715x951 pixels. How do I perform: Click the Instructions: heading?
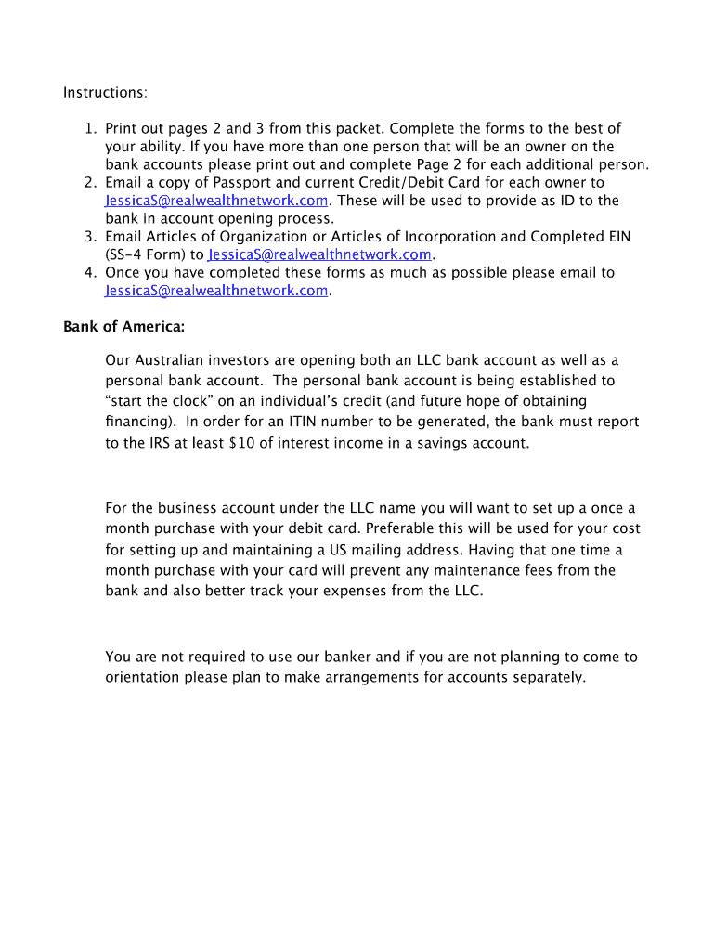click(x=105, y=93)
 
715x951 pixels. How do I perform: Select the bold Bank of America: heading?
click(x=123, y=327)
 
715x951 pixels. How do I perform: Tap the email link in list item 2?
click(x=216, y=201)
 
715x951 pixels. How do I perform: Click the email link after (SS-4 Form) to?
click(x=321, y=254)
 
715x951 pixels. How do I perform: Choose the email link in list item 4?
click(x=216, y=291)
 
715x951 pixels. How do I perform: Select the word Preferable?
click(x=410, y=528)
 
